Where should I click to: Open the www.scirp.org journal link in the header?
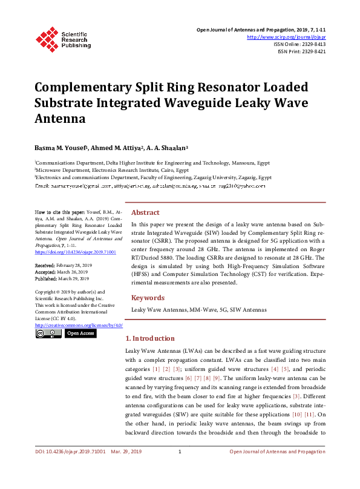(x=286, y=37)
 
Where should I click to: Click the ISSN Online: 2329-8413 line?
(x=299, y=44)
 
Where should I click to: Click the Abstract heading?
(x=145, y=213)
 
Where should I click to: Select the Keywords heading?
(x=148, y=298)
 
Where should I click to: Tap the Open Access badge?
(x=80, y=333)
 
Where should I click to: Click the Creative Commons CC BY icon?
(x=48, y=333)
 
